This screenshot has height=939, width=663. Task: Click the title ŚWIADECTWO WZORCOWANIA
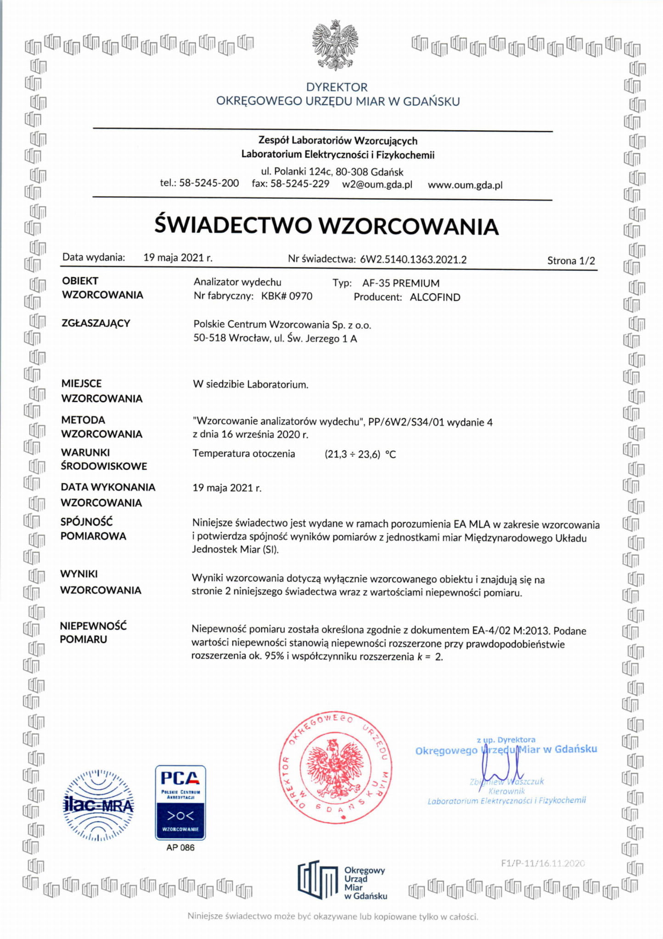click(326, 226)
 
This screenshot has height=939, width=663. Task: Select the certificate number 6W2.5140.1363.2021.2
click(413, 260)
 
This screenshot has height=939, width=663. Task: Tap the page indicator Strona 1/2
click(571, 261)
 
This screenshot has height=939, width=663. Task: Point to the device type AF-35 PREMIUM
click(401, 283)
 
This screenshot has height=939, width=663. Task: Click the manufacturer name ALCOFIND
click(435, 297)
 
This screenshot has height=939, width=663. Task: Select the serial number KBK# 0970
click(287, 296)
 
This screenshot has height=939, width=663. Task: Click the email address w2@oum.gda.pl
click(377, 184)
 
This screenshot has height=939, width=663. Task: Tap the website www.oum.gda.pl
click(465, 185)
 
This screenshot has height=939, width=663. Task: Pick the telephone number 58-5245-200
click(209, 183)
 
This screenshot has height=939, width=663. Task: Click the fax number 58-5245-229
click(300, 184)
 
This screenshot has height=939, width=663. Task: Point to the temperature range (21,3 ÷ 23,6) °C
click(360, 454)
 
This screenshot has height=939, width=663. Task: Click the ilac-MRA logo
click(99, 805)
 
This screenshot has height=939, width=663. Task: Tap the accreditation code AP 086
click(180, 848)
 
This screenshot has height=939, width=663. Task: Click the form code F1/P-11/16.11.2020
click(543, 863)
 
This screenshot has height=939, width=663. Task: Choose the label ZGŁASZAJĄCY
click(96, 323)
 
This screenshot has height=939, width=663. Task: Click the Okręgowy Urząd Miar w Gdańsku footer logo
click(342, 879)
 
